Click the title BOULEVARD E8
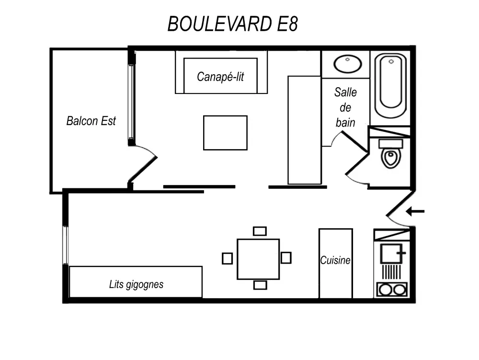point(233,23)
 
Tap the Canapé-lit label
point(220,77)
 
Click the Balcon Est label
point(91,121)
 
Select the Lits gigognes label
point(136,284)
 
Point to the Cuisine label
point(335,261)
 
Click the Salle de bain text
point(345,107)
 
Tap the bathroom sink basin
point(348,64)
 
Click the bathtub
point(390,86)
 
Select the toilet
point(391,156)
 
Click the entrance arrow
point(415,211)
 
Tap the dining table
point(258,259)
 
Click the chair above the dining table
point(260,231)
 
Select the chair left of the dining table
point(227,258)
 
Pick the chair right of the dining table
point(286,258)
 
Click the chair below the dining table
point(260,285)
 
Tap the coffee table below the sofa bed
point(225,133)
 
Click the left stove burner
point(384,290)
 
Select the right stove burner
point(399,290)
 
